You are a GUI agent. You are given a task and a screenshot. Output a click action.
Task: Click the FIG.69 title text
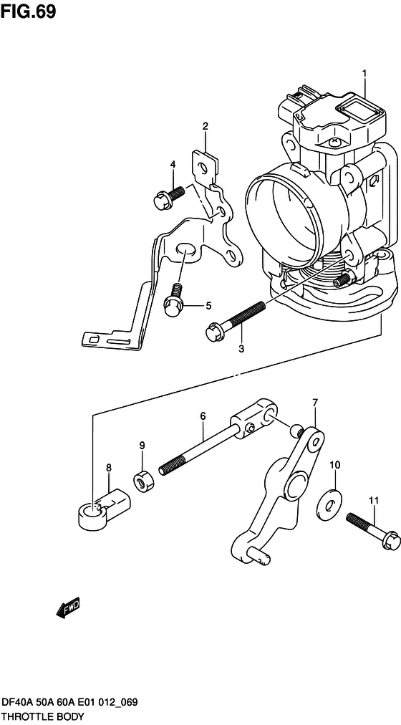(28, 11)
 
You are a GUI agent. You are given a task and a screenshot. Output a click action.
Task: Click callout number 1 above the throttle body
(364, 73)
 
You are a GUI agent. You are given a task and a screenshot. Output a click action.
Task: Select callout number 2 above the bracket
(205, 126)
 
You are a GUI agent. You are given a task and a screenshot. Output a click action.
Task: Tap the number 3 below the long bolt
(173, 164)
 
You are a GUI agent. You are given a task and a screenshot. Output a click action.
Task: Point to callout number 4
(208, 305)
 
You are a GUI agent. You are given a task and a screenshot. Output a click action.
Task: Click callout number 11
(373, 500)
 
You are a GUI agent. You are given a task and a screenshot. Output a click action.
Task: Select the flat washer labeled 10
(329, 501)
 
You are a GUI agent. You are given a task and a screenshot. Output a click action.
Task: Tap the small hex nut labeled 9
(144, 482)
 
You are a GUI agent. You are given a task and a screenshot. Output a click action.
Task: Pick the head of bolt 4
(161, 199)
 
